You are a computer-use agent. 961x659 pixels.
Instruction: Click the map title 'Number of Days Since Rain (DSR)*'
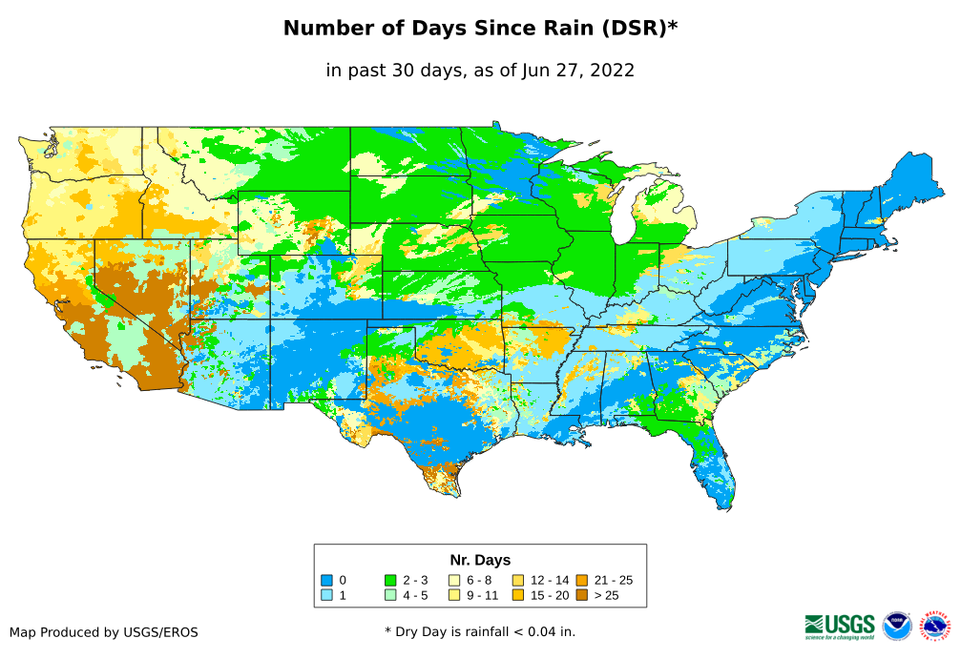[480, 29]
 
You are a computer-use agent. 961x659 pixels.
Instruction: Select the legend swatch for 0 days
[327, 580]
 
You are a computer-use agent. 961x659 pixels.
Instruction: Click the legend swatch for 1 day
[327, 596]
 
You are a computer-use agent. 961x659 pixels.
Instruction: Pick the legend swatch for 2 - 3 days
[390, 580]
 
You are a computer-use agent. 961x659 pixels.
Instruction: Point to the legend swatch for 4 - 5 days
[390, 596]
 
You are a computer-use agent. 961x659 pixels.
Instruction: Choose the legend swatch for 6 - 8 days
[454, 580]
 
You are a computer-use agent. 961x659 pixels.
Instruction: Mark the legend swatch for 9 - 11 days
[454, 596]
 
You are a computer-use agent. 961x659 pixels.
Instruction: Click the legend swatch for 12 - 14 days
[517, 580]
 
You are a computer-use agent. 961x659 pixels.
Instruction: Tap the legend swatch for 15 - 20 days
[517, 596]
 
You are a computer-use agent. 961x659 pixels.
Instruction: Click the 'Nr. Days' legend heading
[480, 560]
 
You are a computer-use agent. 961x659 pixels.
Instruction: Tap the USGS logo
[840, 626]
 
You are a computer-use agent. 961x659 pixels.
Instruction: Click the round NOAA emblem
[897, 626]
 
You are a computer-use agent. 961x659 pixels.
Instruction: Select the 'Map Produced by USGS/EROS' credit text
[104, 632]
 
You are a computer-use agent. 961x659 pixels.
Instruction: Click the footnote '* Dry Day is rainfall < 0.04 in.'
[480, 632]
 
